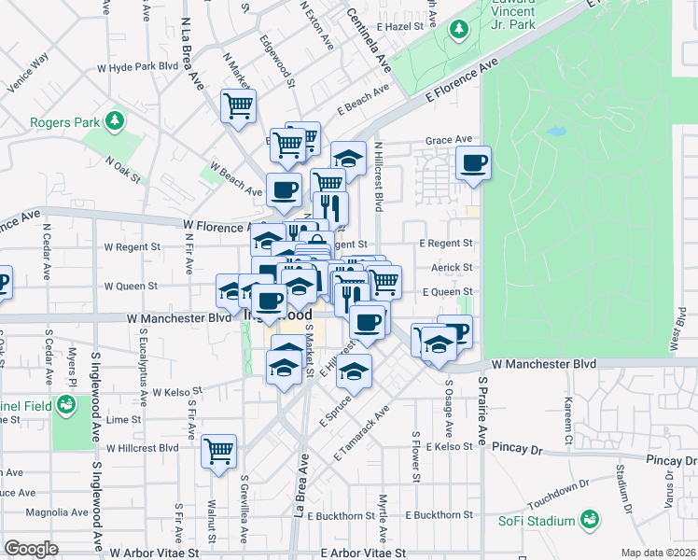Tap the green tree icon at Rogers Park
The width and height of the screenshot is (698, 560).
tap(114, 120)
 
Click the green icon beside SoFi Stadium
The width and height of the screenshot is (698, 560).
tap(589, 518)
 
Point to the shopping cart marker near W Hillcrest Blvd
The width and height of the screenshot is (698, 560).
tap(218, 452)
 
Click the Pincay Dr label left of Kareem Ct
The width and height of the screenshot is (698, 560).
tap(516, 448)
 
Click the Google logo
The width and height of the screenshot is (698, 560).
tap(31, 548)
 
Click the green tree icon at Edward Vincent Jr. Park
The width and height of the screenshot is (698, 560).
tap(458, 31)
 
